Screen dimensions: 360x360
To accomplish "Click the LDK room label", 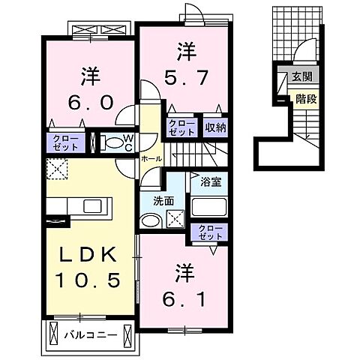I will [x=88, y=256].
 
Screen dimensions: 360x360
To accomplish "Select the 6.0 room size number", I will [x=88, y=101].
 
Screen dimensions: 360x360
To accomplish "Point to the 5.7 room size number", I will [x=185, y=75].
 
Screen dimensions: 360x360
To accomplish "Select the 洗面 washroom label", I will [x=164, y=201].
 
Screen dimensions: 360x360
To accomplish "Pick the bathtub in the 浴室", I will [x=208, y=206].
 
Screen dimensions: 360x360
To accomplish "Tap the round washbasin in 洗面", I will [x=150, y=220].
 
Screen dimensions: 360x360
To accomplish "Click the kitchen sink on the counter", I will [x=93, y=205].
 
